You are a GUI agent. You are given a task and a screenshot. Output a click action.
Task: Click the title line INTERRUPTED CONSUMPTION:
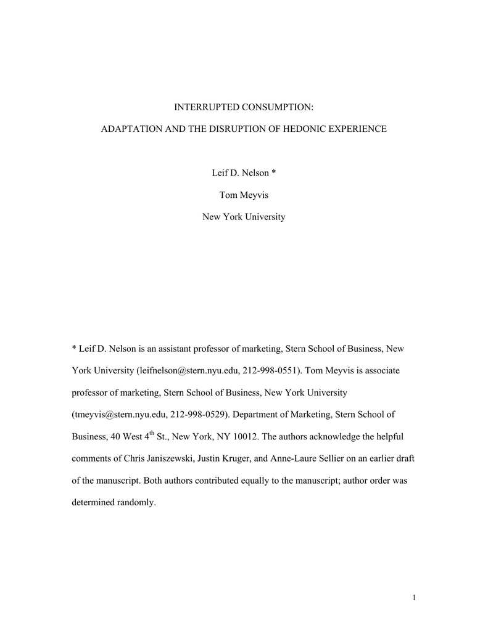(244, 107)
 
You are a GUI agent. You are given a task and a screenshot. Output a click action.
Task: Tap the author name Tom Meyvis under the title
(244, 195)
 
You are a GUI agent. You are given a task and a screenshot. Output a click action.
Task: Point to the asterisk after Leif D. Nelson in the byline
(273, 173)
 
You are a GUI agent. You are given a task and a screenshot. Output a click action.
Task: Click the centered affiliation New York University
(244, 217)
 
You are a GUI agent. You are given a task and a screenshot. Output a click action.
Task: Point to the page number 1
(415, 596)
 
